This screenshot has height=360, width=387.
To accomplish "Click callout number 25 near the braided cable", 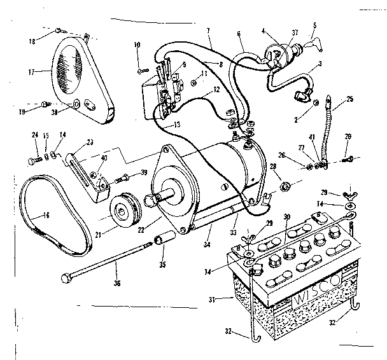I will [x=350, y=100].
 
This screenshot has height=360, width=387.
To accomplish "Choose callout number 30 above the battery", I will [x=286, y=218].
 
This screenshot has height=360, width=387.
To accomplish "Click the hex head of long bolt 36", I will [x=66, y=278].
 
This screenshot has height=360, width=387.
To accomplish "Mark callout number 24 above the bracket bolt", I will [x=35, y=134].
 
